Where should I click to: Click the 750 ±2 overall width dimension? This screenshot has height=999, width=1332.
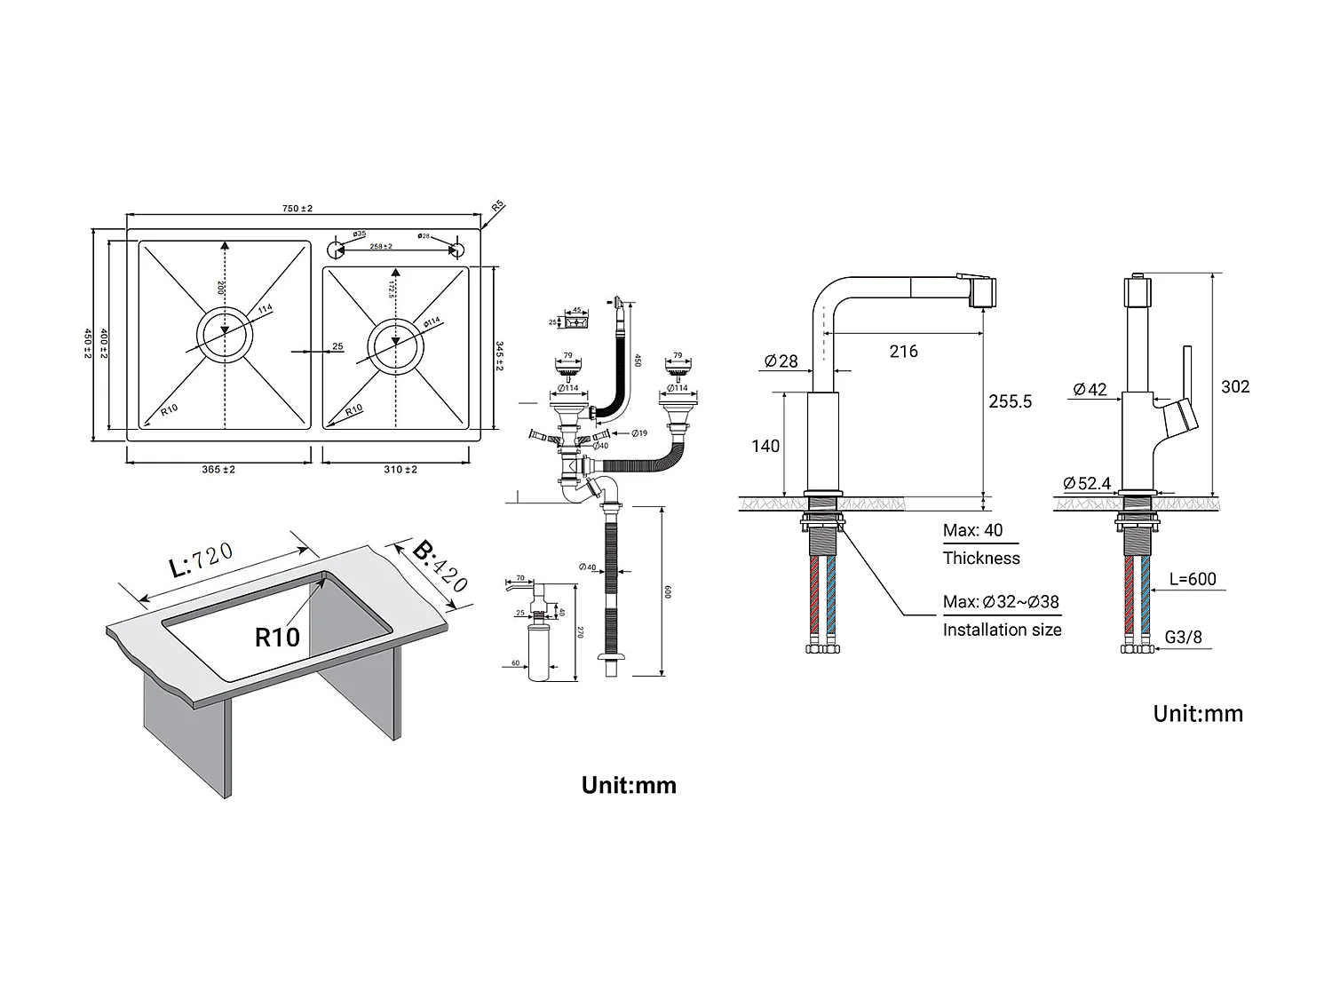click(x=297, y=209)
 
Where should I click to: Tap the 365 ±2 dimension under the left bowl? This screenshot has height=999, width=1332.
click(x=218, y=469)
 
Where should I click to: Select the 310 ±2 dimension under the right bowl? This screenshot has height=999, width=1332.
click(x=400, y=469)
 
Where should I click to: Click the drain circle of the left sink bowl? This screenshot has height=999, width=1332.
click(x=225, y=334)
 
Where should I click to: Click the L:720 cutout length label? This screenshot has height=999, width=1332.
click(x=201, y=561)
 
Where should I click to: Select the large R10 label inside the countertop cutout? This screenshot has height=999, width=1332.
click(x=277, y=637)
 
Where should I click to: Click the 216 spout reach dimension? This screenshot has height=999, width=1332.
click(x=903, y=352)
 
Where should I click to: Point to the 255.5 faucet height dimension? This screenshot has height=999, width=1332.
click(x=1011, y=401)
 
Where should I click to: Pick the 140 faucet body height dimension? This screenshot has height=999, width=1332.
click(x=765, y=446)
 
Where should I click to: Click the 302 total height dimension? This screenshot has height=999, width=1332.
click(x=1235, y=386)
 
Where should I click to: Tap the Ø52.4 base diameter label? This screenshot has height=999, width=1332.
click(x=1088, y=483)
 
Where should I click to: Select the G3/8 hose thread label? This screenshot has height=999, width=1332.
click(x=1184, y=638)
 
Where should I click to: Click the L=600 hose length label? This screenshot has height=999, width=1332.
click(x=1193, y=579)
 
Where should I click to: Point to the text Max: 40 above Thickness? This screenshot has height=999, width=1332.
click(x=972, y=531)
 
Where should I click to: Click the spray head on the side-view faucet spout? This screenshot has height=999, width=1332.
click(x=983, y=291)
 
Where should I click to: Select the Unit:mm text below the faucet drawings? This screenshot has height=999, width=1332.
click(x=1198, y=713)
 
